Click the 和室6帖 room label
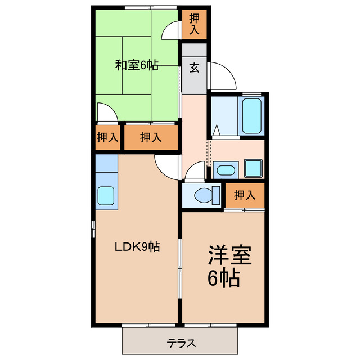tap(137, 65)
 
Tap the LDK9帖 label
tap(137, 246)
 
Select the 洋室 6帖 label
tap(224, 267)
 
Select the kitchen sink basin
tap(106, 196)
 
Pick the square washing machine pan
tap(253, 168)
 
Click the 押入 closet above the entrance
tap(193, 24)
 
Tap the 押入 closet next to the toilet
tap(244, 196)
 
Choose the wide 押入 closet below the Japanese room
tap(150, 137)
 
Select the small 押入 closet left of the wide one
tap(106, 137)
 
